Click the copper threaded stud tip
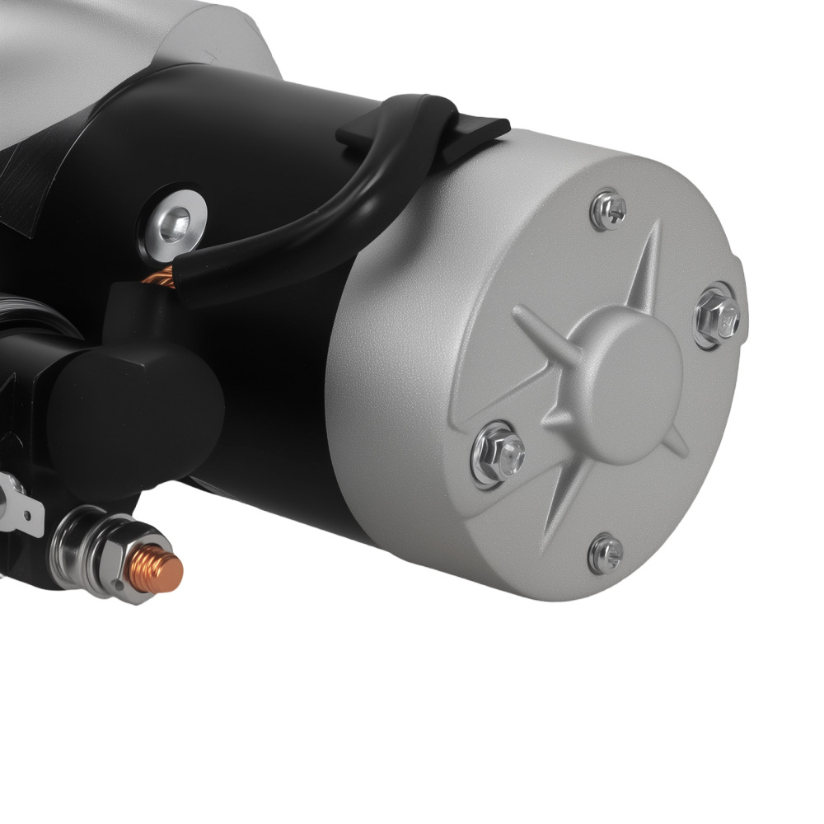[x=168, y=568]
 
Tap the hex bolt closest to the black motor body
[x=498, y=452]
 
